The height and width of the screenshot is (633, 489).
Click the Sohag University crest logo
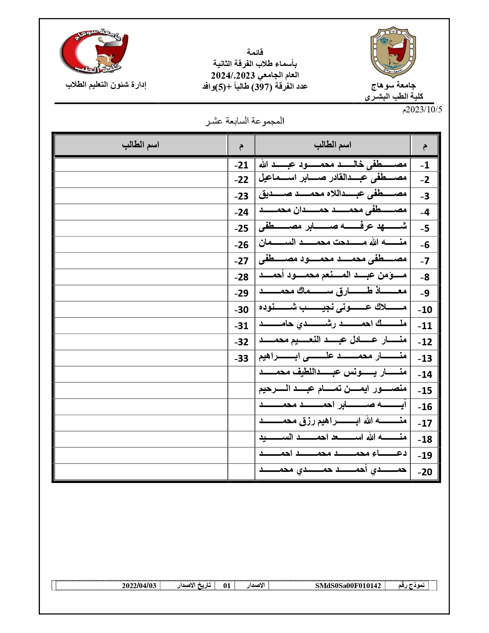(x=393, y=52)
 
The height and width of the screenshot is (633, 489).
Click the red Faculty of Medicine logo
(x=94, y=52)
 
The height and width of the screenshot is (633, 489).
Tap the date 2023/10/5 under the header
(x=421, y=110)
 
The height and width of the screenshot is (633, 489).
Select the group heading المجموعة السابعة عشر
(x=244, y=121)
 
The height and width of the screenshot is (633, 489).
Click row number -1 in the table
(x=424, y=165)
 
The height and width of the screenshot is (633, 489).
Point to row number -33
(x=241, y=358)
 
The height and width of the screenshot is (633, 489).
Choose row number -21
(x=241, y=165)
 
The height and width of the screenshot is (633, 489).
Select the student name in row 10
(x=333, y=309)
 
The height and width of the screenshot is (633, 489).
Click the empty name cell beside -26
(x=141, y=244)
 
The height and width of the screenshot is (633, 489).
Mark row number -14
(x=424, y=375)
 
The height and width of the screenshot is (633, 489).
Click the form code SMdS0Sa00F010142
(x=348, y=585)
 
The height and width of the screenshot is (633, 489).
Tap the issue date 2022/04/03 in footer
(x=139, y=585)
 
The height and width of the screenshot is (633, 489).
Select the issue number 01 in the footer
(x=227, y=585)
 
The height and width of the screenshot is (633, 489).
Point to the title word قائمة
(x=255, y=52)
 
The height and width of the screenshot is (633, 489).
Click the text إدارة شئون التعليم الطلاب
(x=106, y=85)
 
